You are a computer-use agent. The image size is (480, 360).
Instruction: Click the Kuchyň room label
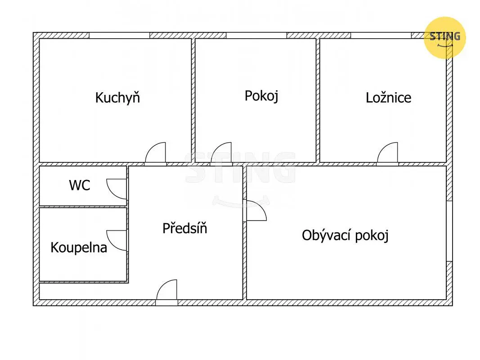117,98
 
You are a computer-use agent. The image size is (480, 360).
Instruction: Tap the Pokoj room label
261,96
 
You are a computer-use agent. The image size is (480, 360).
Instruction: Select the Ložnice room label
389,98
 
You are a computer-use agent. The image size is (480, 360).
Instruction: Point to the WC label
80,185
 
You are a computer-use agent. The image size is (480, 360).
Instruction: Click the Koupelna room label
79,247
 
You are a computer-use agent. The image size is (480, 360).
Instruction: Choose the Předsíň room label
184,228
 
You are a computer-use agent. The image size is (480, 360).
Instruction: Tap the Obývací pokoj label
345,235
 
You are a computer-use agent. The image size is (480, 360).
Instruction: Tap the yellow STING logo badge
445,38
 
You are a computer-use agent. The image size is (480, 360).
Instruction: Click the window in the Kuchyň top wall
119,35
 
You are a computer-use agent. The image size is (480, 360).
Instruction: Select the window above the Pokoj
256,35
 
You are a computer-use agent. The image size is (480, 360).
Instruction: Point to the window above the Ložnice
381,35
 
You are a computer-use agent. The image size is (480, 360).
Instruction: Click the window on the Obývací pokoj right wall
449,231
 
